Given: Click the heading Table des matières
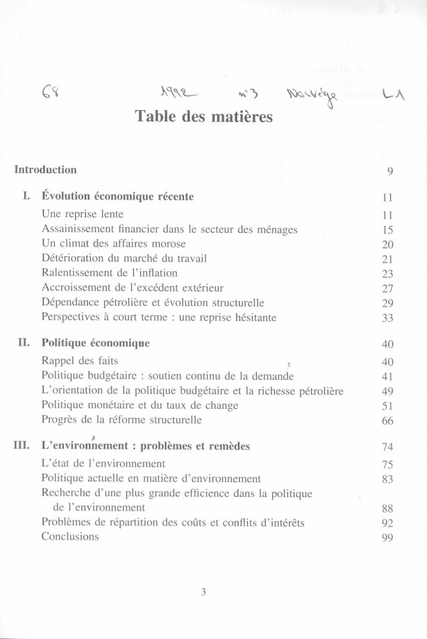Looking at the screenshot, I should coord(203,116).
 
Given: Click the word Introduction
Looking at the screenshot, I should coord(45,170).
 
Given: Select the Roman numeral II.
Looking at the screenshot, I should coord(23,343).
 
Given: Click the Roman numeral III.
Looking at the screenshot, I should coord(21,446).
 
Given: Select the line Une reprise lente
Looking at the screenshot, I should coord(82,213).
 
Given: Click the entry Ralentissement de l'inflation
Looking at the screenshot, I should coord(109,273).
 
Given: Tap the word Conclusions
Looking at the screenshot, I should coord(70,536).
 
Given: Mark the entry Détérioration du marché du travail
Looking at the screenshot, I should coord(124,258).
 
